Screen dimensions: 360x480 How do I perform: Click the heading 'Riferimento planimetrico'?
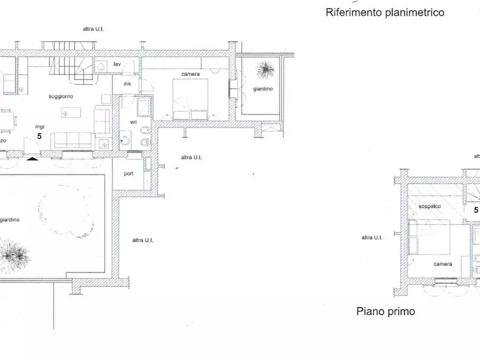click(x=385, y=12)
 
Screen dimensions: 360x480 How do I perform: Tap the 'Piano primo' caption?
click(x=385, y=311)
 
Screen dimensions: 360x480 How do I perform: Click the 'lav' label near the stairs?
click(x=117, y=64)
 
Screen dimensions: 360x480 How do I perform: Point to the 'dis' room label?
click(x=127, y=84)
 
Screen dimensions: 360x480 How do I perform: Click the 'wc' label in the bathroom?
click(x=134, y=122)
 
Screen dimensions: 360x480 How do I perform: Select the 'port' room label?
click(x=129, y=174)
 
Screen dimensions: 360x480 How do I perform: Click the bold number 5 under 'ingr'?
click(x=39, y=136)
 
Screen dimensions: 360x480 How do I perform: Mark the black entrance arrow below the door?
click(x=33, y=159)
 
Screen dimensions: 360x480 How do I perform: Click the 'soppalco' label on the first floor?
click(x=430, y=206)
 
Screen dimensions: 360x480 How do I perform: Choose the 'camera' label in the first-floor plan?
click(x=443, y=264)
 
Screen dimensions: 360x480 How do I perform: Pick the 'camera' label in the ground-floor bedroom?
click(x=190, y=74)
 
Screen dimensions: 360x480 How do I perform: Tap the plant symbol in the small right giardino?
click(x=264, y=69)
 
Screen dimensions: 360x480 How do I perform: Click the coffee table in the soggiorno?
click(x=71, y=113)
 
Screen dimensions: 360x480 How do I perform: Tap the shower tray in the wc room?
click(x=143, y=106)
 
